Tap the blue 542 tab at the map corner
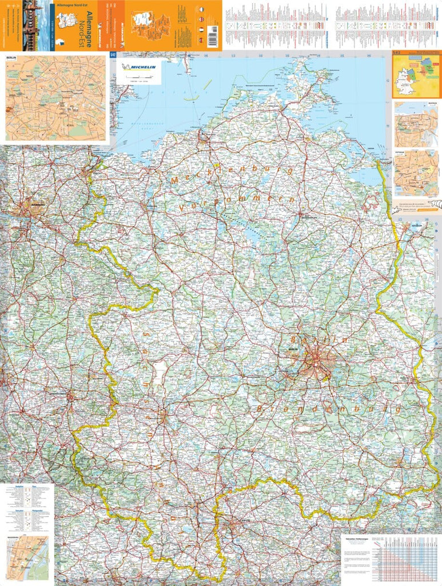coord(113,55)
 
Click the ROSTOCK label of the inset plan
coord(400,104)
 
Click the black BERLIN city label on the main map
coord(294,348)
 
